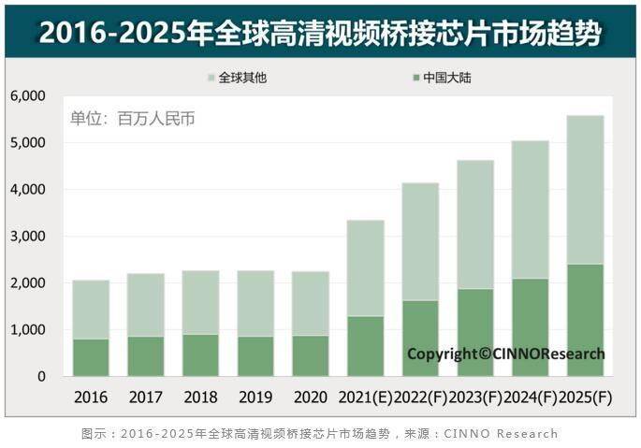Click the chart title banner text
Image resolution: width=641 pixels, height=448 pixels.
click(320, 30)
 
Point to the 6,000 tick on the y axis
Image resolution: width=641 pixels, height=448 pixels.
click(28, 96)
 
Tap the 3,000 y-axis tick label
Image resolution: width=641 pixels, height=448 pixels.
click(28, 237)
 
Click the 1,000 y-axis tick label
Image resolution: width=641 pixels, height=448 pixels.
click(28, 330)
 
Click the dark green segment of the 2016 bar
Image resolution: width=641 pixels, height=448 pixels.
click(91, 357)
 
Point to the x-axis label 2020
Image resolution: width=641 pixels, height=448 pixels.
click(310, 397)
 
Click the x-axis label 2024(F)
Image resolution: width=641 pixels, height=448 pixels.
click(530, 397)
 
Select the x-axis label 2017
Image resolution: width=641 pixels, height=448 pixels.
click(145, 397)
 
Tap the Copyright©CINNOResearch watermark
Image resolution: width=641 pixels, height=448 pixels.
click(505, 354)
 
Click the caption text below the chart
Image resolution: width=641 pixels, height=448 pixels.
click(320, 433)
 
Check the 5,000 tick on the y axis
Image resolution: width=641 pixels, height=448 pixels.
click(28, 143)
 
